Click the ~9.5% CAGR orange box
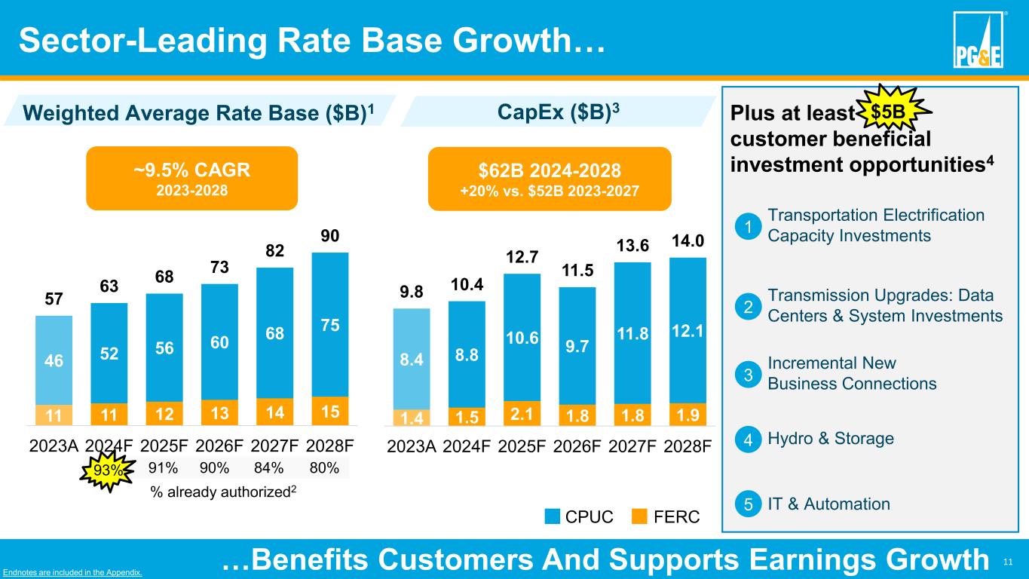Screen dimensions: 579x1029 (192, 177)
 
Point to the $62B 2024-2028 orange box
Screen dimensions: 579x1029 (549, 179)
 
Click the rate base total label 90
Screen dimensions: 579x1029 (329, 235)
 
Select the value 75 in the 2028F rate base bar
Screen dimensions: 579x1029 (330, 326)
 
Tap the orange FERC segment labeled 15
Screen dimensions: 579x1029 (330, 412)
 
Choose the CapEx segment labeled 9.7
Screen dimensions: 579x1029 (577, 346)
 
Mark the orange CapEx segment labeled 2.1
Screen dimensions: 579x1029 (522, 413)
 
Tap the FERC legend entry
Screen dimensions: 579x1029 (666, 516)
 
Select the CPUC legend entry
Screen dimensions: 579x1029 (579, 516)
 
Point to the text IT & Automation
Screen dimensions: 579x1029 (828, 504)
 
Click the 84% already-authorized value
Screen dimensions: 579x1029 (268, 468)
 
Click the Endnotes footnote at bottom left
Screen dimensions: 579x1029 (72, 572)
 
